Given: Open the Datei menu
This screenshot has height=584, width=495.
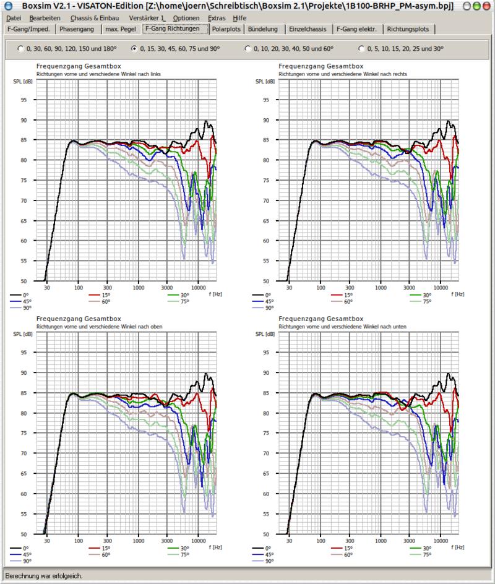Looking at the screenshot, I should click(13, 18).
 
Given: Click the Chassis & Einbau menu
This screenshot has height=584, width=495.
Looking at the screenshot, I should click(92, 18).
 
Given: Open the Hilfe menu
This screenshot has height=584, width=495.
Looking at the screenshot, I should click(239, 18).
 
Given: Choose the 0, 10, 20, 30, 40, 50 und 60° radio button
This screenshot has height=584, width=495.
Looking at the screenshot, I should click(248, 48).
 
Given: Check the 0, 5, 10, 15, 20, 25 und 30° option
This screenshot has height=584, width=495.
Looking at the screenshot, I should click(362, 48).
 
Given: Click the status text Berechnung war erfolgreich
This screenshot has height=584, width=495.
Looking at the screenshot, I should click(43, 576).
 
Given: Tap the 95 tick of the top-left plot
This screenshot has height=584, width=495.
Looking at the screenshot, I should click(24, 100).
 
